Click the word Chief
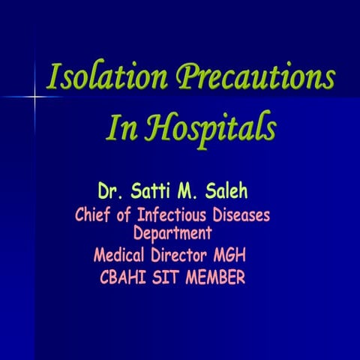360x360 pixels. click(x=95, y=216)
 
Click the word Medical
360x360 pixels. click(x=121, y=255)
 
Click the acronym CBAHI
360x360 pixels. click(x=124, y=278)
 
